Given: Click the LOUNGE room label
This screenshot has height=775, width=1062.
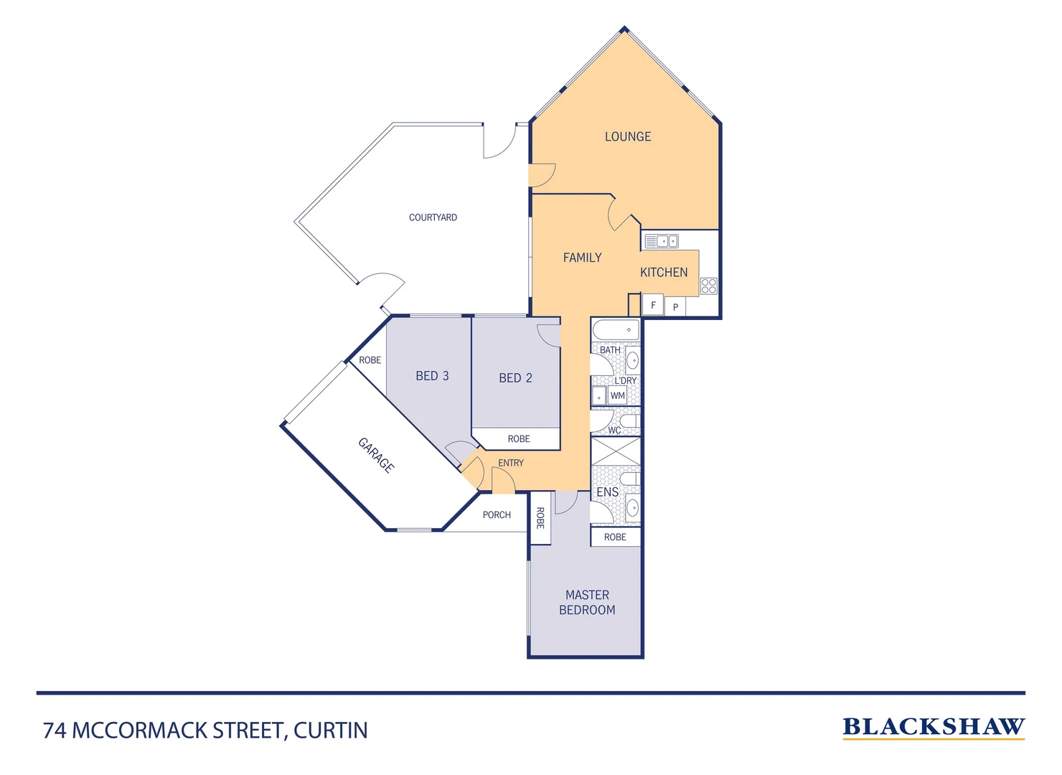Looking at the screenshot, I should point(628,136).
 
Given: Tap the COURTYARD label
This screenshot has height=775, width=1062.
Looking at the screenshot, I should point(433,217).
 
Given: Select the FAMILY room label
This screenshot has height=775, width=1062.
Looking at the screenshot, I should point(582,258).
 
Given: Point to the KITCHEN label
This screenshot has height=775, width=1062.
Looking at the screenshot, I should point(664,272).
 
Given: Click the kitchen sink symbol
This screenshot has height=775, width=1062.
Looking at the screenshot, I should point(661,241).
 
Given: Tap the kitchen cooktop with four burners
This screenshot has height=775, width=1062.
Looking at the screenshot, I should point(709,286).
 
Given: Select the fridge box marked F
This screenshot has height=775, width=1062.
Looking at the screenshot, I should point(653,305).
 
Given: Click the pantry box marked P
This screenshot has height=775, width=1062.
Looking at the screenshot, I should point(675,307).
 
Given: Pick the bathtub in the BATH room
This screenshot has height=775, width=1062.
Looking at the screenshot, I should point(615,329).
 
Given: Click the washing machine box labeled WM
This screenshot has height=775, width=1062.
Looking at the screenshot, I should point(618,395).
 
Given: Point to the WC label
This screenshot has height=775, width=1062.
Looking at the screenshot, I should point(614,431).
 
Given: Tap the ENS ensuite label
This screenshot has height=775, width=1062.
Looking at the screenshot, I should point(607,492).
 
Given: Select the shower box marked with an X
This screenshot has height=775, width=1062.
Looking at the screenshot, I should point(615,451).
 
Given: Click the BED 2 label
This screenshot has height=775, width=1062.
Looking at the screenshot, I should point(515,378).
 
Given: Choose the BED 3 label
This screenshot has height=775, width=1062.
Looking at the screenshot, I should point(432,376).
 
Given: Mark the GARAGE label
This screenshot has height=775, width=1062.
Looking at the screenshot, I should point(376,455).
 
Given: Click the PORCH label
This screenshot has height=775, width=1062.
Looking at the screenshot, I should point(497,515).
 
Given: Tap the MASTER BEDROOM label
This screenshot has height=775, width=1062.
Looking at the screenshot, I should point(587,603).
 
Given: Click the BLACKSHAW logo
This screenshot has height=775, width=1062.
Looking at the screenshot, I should point(933,728).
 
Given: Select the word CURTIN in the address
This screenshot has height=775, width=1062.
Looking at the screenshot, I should point(331,731).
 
